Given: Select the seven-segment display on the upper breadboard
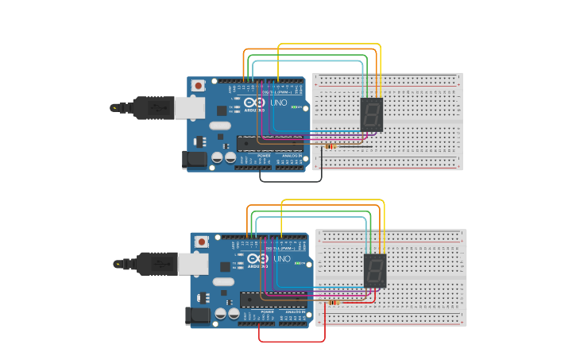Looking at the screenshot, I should (x=371, y=114).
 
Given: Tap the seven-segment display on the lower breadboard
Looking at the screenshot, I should (x=375, y=271).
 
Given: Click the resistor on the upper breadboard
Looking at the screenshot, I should (x=331, y=146).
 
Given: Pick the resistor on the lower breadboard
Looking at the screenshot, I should (x=334, y=303).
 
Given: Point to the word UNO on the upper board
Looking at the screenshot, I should (x=280, y=103).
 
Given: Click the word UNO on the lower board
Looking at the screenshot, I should (x=283, y=259).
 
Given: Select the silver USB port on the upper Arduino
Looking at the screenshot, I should (x=189, y=107).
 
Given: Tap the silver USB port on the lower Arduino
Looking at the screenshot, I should (x=193, y=263).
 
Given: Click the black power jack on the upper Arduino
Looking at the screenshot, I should (x=194, y=160).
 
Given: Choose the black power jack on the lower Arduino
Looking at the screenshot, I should (x=198, y=316).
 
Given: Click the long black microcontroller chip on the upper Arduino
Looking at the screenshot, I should (x=270, y=143).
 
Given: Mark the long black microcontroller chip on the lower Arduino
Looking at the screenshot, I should (x=274, y=300).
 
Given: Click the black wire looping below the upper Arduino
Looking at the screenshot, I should (x=291, y=181).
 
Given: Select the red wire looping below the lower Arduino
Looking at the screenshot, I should (x=292, y=342).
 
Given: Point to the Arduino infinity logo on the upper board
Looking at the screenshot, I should (x=255, y=103).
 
